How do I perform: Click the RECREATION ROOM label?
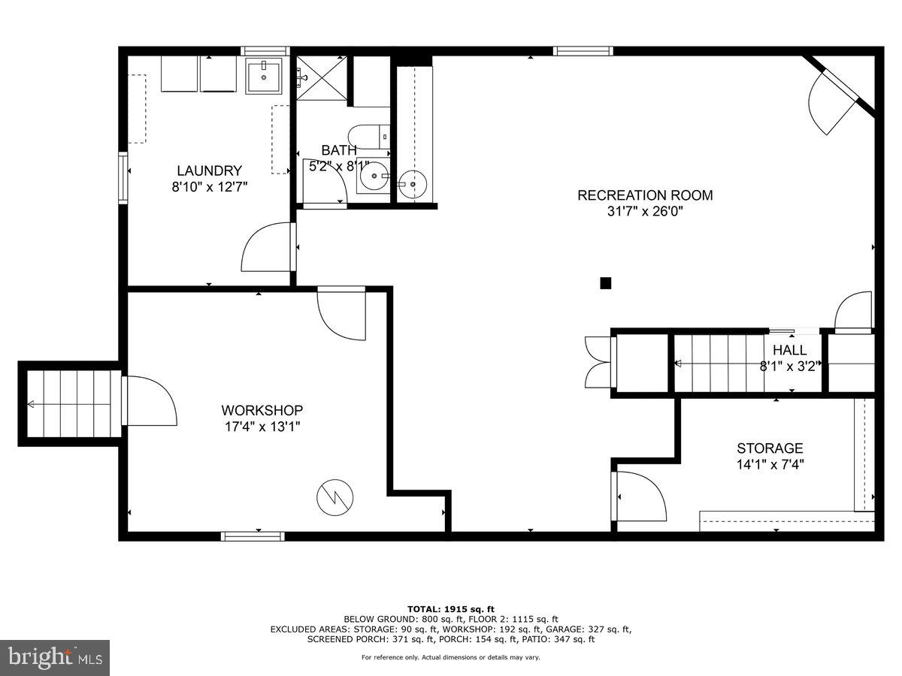[x=645, y=195]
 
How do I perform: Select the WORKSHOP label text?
[x=262, y=410]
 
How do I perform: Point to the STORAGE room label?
[x=770, y=448]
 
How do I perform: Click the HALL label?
[x=789, y=350]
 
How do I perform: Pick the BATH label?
[x=339, y=150]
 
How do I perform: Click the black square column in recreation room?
[x=605, y=283]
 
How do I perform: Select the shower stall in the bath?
[x=322, y=77]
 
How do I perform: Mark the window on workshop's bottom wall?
[x=253, y=536]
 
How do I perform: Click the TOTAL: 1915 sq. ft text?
[x=450, y=608]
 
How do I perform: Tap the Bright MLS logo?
[x=55, y=658]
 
